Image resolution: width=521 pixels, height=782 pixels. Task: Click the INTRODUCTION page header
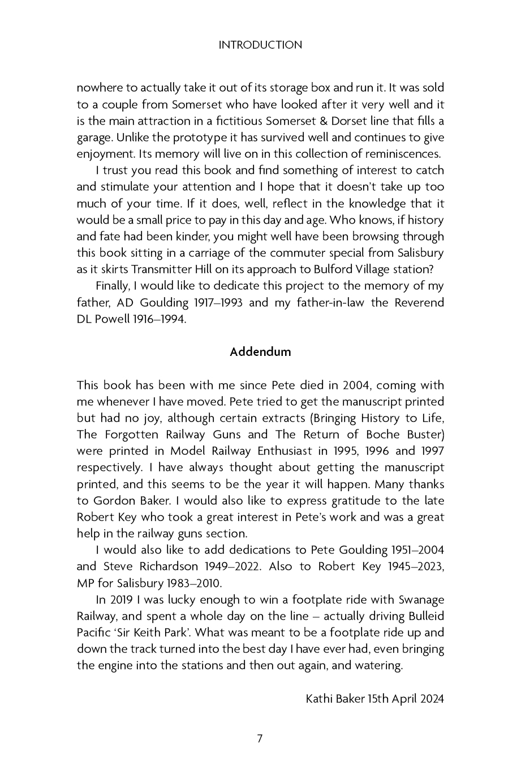pos(260,45)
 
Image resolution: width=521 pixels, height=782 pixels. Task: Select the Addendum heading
pos(260,352)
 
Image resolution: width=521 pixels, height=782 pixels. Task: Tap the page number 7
pos(260,738)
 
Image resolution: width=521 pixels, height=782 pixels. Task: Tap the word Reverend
pos(419,303)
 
